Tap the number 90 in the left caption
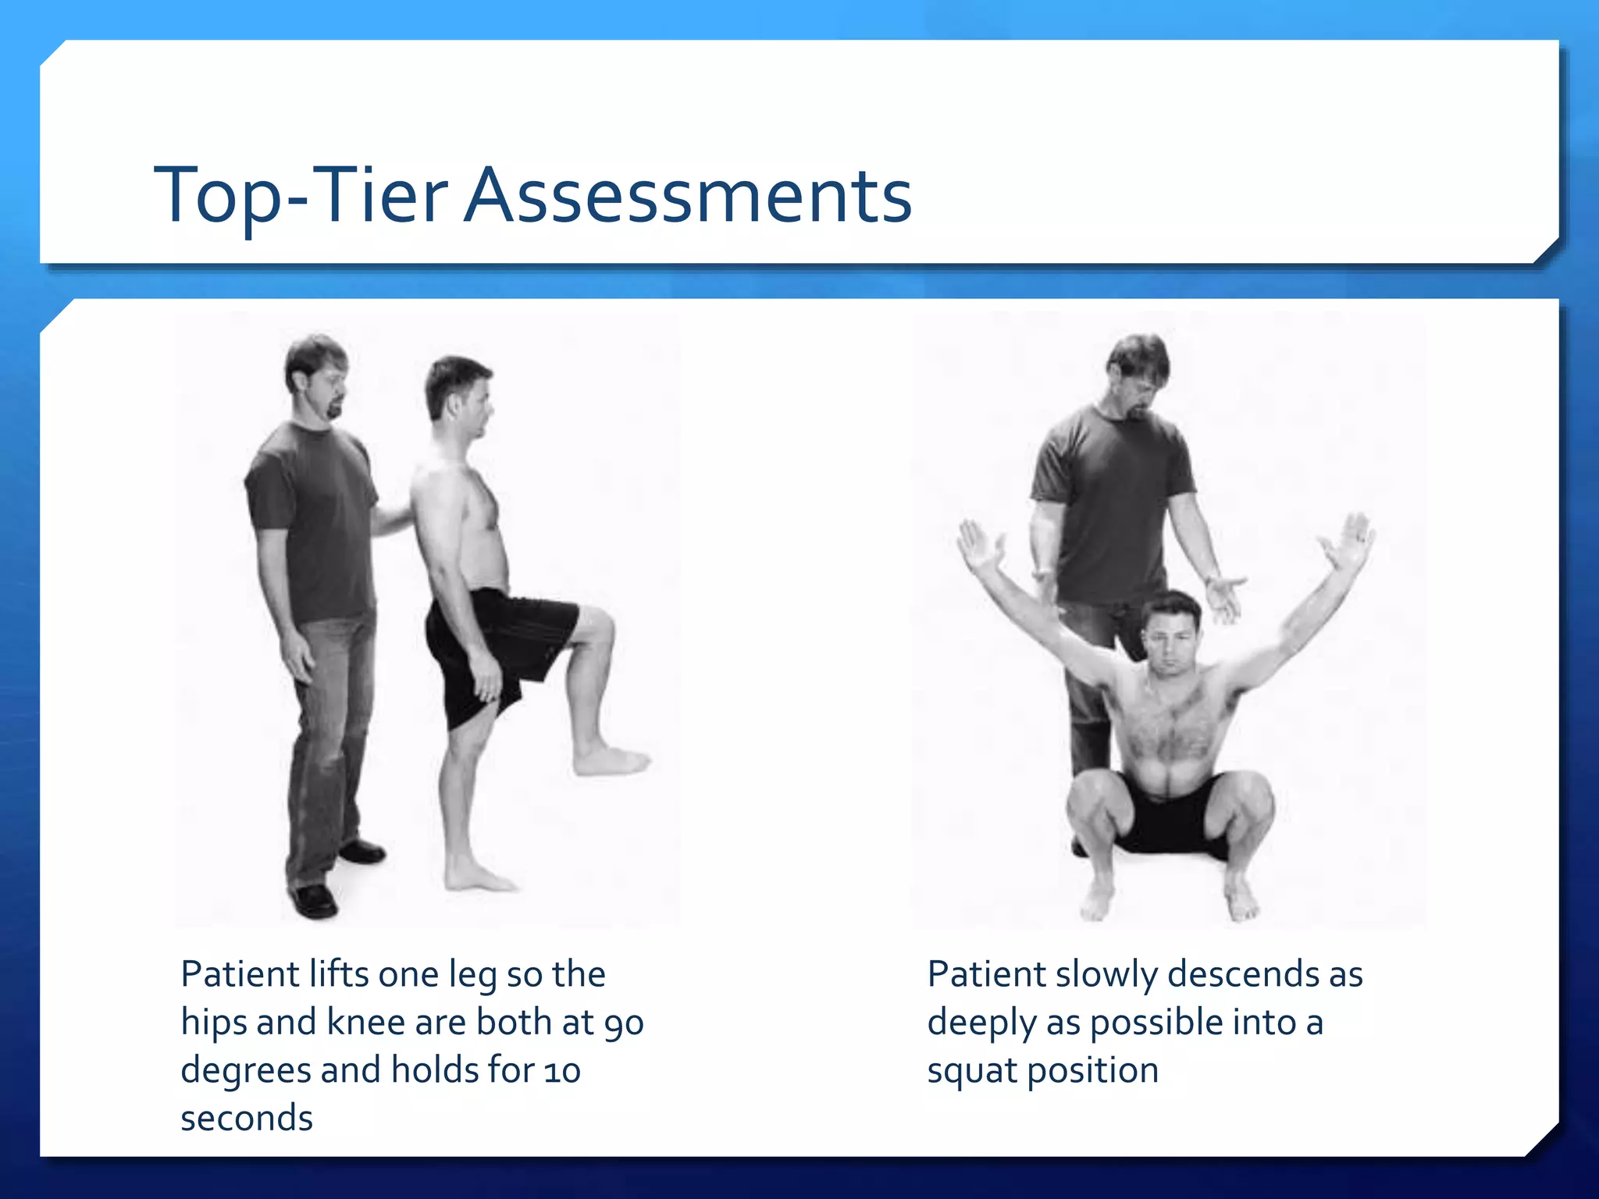(x=624, y=1023)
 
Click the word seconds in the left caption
(x=247, y=1119)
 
